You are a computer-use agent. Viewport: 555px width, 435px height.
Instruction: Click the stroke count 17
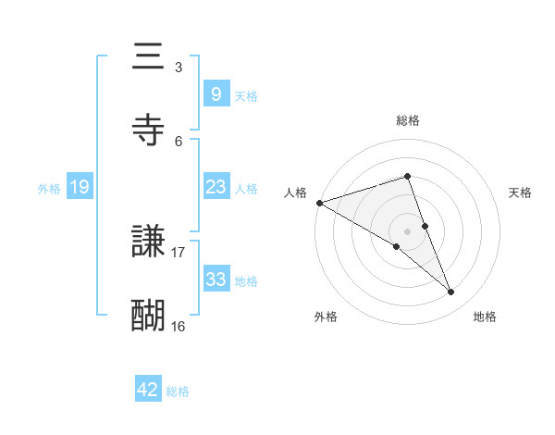(179, 252)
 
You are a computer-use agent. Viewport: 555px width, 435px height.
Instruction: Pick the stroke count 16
(179, 326)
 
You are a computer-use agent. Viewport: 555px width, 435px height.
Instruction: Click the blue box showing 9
(216, 93)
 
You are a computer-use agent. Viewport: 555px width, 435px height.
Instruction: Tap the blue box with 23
(216, 187)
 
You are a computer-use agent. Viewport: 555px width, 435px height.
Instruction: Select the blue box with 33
(216, 280)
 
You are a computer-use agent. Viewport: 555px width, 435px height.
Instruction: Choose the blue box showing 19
(79, 187)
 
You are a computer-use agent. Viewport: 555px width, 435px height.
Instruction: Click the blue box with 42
(148, 391)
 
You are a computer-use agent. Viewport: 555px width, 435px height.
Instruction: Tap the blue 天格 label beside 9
(245, 95)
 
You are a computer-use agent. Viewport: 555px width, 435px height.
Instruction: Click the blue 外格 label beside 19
(49, 188)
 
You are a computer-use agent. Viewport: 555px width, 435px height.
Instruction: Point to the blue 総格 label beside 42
(178, 391)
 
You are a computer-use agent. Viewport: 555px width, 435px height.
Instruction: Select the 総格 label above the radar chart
(408, 120)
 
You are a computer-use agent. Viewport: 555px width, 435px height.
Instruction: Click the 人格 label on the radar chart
(295, 193)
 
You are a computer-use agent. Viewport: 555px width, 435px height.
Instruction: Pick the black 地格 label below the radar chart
(485, 317)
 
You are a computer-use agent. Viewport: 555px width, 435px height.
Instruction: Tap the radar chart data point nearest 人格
(319, 202)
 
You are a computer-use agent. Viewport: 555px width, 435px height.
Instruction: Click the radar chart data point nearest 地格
(451, 292)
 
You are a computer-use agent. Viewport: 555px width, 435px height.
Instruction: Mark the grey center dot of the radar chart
(408, 230)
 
